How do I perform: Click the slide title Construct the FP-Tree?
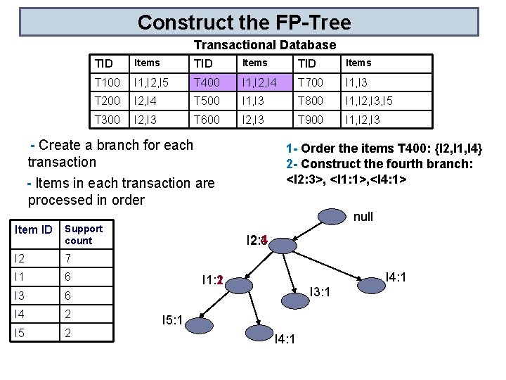point(244,23)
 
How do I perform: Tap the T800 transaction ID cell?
point(310,101)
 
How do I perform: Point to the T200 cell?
point(108,101)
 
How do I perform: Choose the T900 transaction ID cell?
point(310,120)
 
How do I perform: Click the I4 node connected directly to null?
point(370,284)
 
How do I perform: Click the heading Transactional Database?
point(264,45)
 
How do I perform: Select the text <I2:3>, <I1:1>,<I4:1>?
point(346,179)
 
